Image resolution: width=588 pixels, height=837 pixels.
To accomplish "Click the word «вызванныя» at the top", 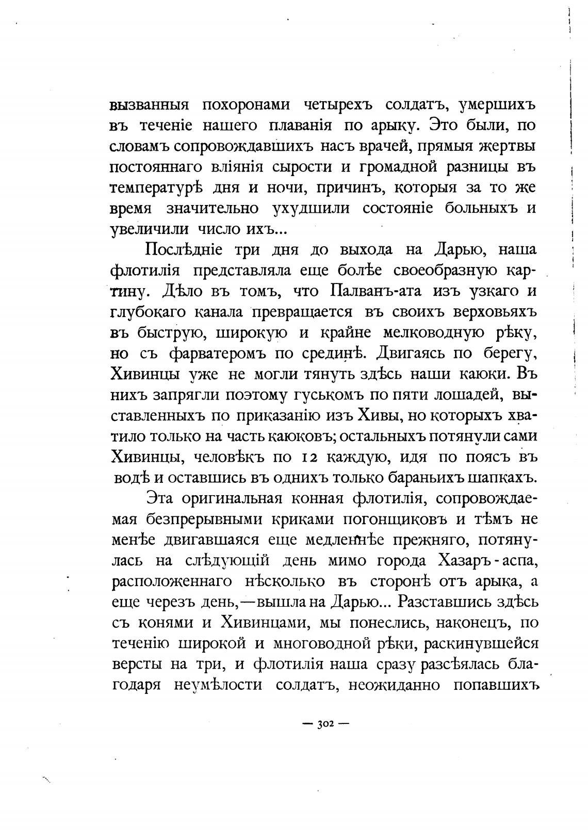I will coord(150,105).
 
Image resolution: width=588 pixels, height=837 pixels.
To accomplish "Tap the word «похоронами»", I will coord(244,105).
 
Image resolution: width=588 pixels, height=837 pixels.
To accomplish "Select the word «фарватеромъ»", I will coord(216,354).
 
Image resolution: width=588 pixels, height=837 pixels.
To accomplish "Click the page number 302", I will coord(325,724).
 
